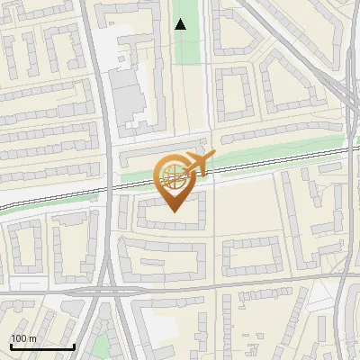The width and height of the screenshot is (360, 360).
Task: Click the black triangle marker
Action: (181, 24)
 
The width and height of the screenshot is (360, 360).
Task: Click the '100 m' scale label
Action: (23, 338)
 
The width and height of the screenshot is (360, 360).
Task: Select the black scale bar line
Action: (41, 346)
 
